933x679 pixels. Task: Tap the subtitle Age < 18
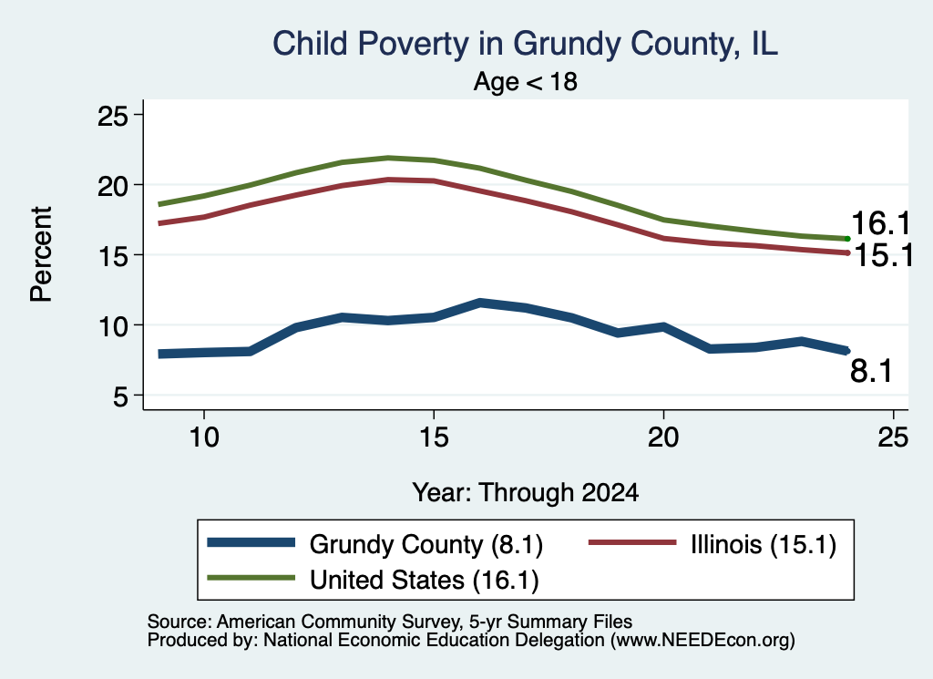tap(526, 81)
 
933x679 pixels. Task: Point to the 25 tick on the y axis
tap(112, 116)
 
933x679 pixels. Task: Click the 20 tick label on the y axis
tap(112, 186)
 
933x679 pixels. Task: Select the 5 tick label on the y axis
tap(120, 396)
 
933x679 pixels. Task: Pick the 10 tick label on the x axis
tap(204, 437)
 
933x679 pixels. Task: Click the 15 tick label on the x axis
tap(434, 437)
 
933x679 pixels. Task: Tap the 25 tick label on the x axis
tap(893, 437)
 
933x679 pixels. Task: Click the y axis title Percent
tap(41, 254)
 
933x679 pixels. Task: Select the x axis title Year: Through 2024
tap(526, 493)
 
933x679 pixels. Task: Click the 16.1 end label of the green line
tap(881, 224)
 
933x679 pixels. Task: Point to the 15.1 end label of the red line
tap(883, 256)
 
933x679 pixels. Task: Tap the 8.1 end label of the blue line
tap(871, 371)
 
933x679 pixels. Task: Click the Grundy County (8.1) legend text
tap(426, 544)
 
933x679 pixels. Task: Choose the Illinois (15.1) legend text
tap(764, 544)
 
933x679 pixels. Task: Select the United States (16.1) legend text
tap(425, 580)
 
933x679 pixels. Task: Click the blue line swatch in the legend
tap(251, 542)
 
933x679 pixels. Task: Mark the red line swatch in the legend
tap(632, 542)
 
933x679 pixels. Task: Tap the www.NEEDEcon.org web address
tap(702, 641)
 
